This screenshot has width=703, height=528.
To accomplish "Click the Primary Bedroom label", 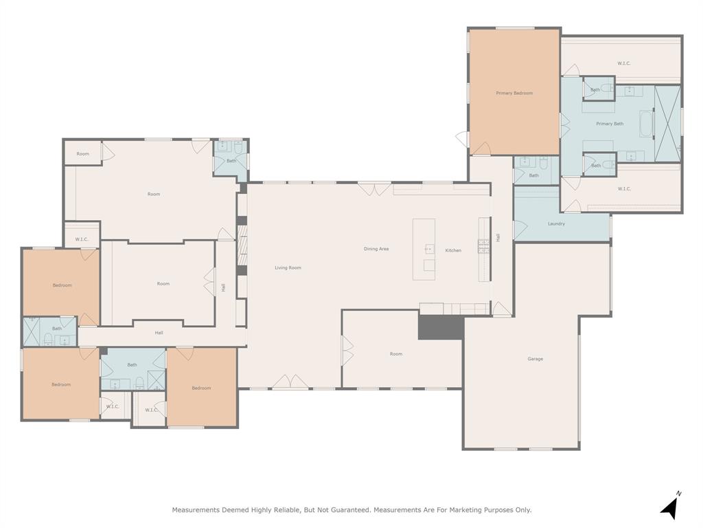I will coord(514,93).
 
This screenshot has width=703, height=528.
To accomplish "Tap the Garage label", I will coord(535,359).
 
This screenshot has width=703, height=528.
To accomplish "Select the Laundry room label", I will coord(556,223).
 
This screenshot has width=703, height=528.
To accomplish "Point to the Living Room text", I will coord(288,267).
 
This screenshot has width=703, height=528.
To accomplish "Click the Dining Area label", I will coord(376,249).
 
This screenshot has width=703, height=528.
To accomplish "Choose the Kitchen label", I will coord(453,250).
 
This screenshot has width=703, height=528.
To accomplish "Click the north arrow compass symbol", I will coord(670,507).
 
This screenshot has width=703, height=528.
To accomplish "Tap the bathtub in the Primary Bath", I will coord(646,124).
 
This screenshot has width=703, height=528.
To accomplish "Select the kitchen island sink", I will coord(428,249).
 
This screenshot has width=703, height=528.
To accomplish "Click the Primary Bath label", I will coord(610,124).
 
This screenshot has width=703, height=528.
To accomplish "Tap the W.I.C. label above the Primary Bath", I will coord(623,63).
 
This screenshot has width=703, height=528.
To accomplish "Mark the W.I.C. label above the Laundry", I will coord(623,188).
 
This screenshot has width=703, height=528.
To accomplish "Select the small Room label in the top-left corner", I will coord(83,154).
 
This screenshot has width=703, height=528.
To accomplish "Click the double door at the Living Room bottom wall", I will coord(290,382).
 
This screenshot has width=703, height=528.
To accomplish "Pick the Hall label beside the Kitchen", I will coord(498,237).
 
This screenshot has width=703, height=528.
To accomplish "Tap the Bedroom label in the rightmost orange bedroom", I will coord(201,388).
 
